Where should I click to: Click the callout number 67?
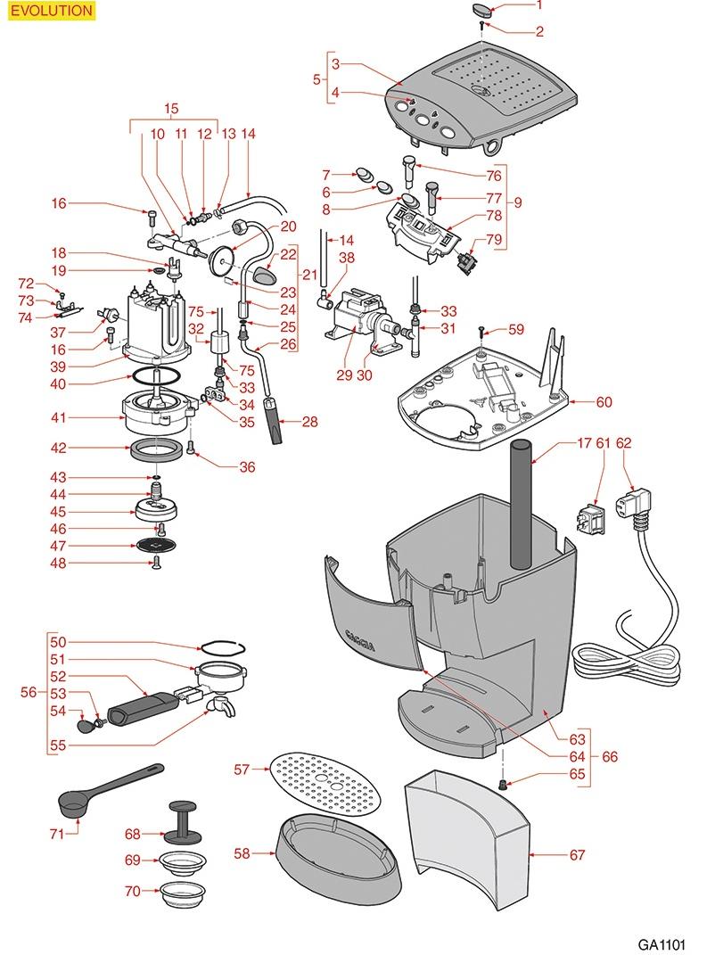tap(577, 855)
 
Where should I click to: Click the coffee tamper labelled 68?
tap(182, 820)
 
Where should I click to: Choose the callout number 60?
tap(604, 403)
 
